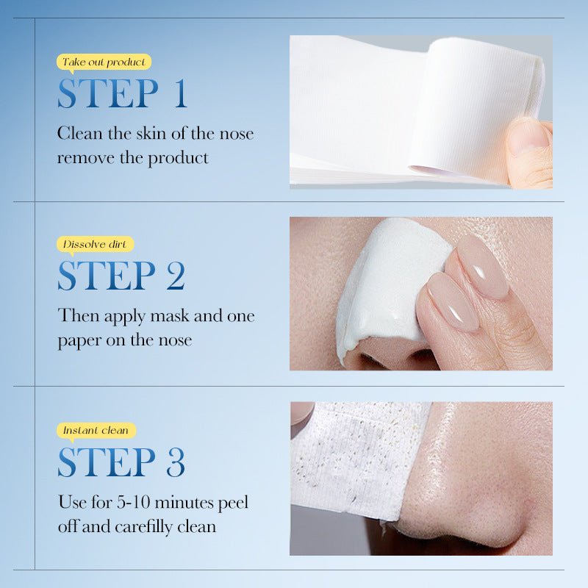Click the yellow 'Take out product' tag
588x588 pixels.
104,62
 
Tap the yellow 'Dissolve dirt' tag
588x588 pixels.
95,244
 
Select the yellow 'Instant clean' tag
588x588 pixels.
96,430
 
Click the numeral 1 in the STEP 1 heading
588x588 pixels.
179,94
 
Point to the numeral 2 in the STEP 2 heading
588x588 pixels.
175,276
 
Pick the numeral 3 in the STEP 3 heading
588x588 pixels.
175,462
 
